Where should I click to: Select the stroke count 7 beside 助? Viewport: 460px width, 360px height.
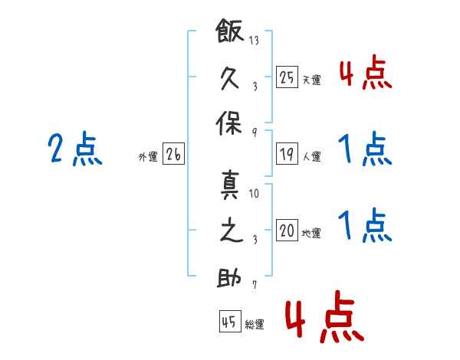point(255,285)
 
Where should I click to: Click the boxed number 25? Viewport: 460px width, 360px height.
point(287,77)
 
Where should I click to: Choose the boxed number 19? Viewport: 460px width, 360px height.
point(287,154)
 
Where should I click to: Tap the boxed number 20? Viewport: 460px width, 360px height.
point(287,231)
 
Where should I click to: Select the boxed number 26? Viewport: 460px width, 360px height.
point(173,154)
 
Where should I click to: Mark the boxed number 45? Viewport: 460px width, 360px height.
point(228,322)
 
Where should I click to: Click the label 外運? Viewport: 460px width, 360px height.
point(148,157)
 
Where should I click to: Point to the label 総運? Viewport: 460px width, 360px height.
point(255,325)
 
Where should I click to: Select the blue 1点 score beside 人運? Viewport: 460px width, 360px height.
point(365,149)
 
